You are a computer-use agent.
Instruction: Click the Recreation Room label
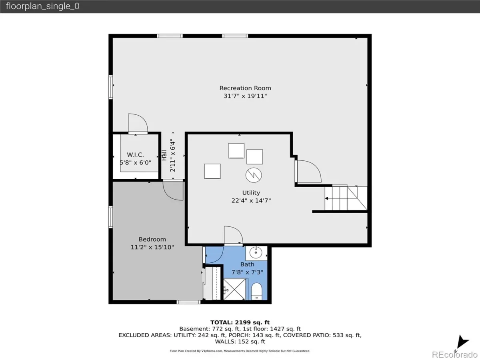[x=245, y=88]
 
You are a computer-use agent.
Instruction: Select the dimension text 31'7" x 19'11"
[x=245, y=96]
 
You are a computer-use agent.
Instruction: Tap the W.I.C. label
[x=135, y=155]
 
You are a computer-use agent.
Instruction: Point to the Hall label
[x=164, y=156]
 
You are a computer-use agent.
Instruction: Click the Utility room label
[x=251, y=193]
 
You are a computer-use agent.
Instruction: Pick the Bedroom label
[x=152, y=239]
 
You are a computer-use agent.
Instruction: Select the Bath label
[x=247, y=264]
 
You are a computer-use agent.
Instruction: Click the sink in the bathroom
[x=256, y=253]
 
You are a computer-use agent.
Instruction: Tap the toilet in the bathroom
[x=256, y=292]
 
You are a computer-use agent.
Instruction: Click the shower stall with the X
[x=234, y=289]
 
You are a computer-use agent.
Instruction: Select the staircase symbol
[x=346, y=198]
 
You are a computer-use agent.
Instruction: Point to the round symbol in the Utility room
[x=254, y=175]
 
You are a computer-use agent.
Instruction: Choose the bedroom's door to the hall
[x=173, y=190]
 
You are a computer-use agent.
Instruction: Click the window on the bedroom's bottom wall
[x=188, y=302]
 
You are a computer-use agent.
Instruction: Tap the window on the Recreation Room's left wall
[x=111, y=87]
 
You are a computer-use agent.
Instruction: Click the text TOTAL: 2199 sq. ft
[x=240, y=322]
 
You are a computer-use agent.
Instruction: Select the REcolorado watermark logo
[x=454, y=354]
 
